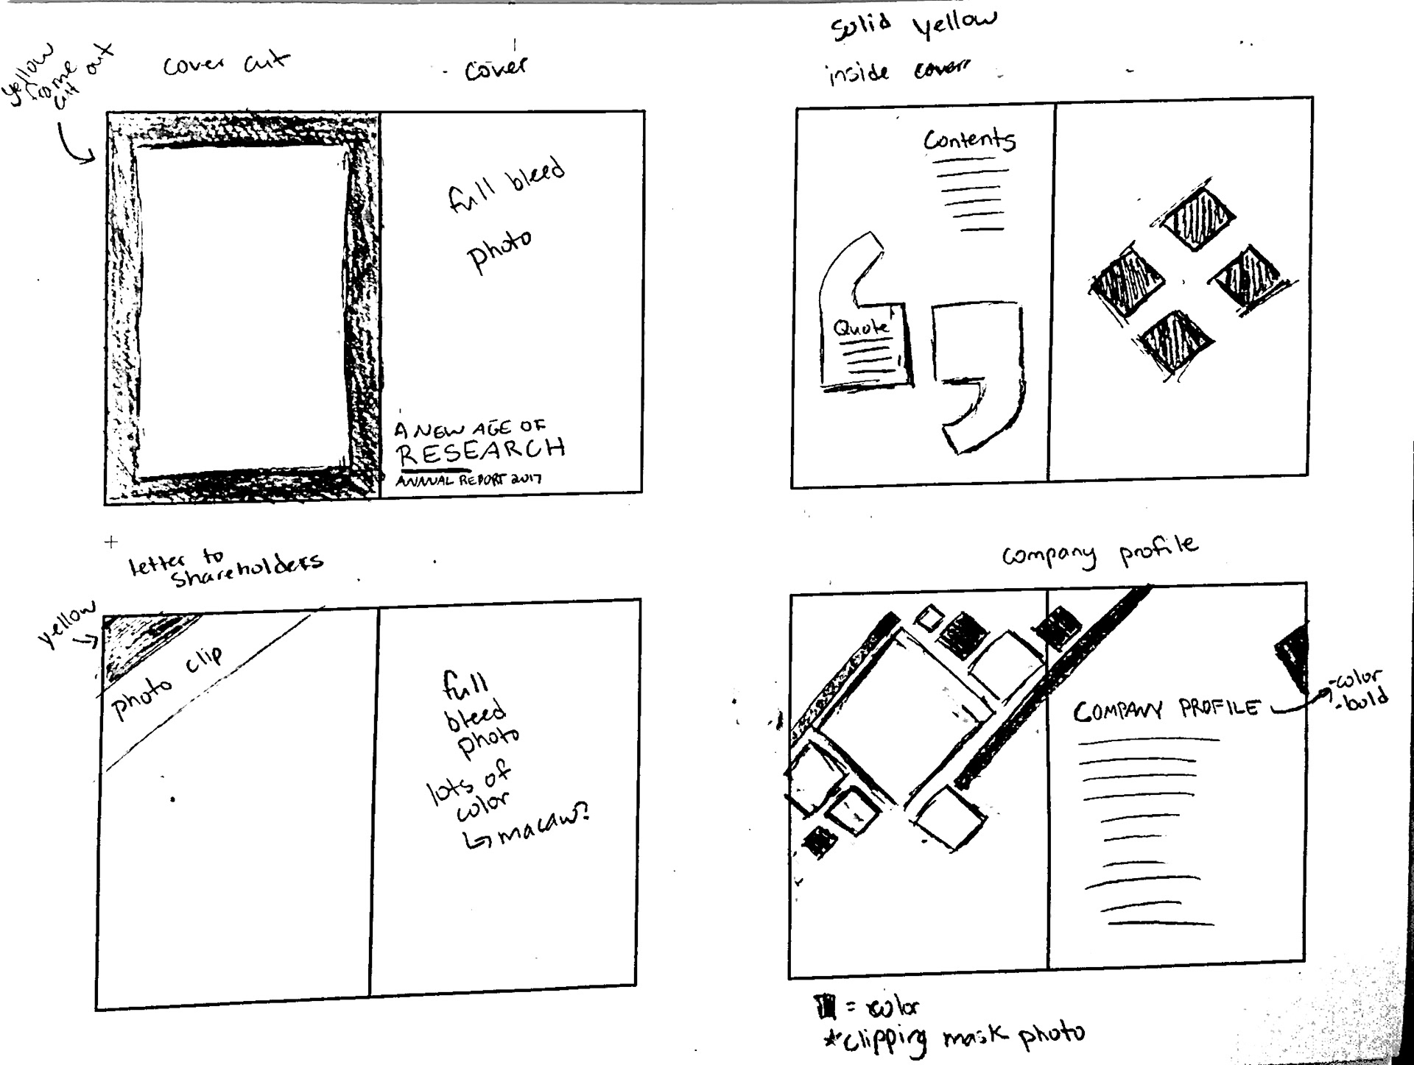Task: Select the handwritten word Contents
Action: tap(969, 140)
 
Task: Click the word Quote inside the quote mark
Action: tap(860, 328)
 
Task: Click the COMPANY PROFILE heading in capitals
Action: tap(1167, 710)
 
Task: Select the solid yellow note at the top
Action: tap(913, 28)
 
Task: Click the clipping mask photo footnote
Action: tap(954, 1037)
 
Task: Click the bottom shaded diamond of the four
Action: tap(1175, 341)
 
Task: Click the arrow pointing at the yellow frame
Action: tap(74, 145)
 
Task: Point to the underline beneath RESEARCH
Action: tap(433, 468)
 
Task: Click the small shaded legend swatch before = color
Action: tap(823, 1005)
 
